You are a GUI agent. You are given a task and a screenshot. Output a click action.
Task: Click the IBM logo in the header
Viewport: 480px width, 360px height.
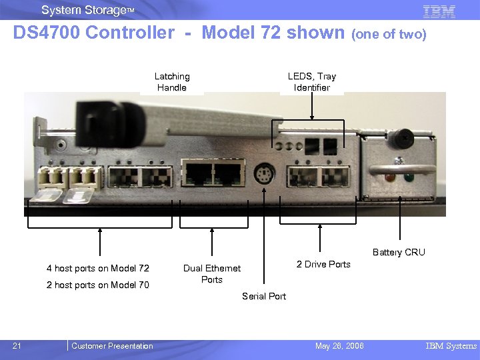pos(439,11)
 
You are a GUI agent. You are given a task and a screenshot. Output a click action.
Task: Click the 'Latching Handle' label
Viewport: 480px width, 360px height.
pos(172,82)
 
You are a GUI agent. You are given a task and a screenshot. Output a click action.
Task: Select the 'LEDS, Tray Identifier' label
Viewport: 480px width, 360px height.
pos(312,82)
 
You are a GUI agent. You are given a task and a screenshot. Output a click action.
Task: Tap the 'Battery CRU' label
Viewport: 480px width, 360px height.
pos(399,252)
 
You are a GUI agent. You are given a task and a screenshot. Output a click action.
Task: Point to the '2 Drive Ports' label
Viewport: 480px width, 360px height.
pos(323,264)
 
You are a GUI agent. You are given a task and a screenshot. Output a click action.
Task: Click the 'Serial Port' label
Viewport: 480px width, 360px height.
pos(264,296)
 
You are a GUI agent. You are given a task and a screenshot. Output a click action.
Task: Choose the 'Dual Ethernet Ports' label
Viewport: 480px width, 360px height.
pos(212,273)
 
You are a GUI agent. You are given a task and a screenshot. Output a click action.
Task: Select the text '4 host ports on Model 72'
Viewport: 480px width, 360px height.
pos(98,268)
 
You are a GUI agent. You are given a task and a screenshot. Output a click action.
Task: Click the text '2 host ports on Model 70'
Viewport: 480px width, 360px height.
pos(98,285)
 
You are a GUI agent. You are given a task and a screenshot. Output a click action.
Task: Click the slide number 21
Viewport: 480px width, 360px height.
pos(17,345)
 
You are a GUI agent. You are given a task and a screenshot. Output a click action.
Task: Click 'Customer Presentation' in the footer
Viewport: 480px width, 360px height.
pos(112,345)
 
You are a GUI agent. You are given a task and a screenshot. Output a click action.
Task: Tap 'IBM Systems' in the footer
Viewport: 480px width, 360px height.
pos(451,345)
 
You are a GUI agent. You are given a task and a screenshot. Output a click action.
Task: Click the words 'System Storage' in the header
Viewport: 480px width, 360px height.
pos(83,10)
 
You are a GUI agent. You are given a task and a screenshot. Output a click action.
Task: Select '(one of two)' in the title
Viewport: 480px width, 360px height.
pos(389,34)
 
